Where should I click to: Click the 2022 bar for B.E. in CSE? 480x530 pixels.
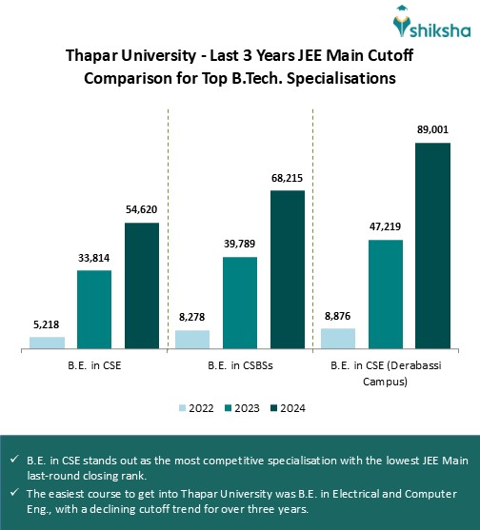pos(48,343)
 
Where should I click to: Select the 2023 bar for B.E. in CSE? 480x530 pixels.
pos(94,309)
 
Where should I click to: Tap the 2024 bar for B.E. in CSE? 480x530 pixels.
pos(142,285)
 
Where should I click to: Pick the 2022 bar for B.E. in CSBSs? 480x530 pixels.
pos(192,340)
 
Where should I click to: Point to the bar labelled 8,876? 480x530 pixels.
pos(338,339)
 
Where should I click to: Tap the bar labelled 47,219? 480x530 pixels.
pos(385,294)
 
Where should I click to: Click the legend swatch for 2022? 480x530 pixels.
pos(183,407)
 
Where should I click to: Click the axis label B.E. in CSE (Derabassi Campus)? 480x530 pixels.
pos(385,373)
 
